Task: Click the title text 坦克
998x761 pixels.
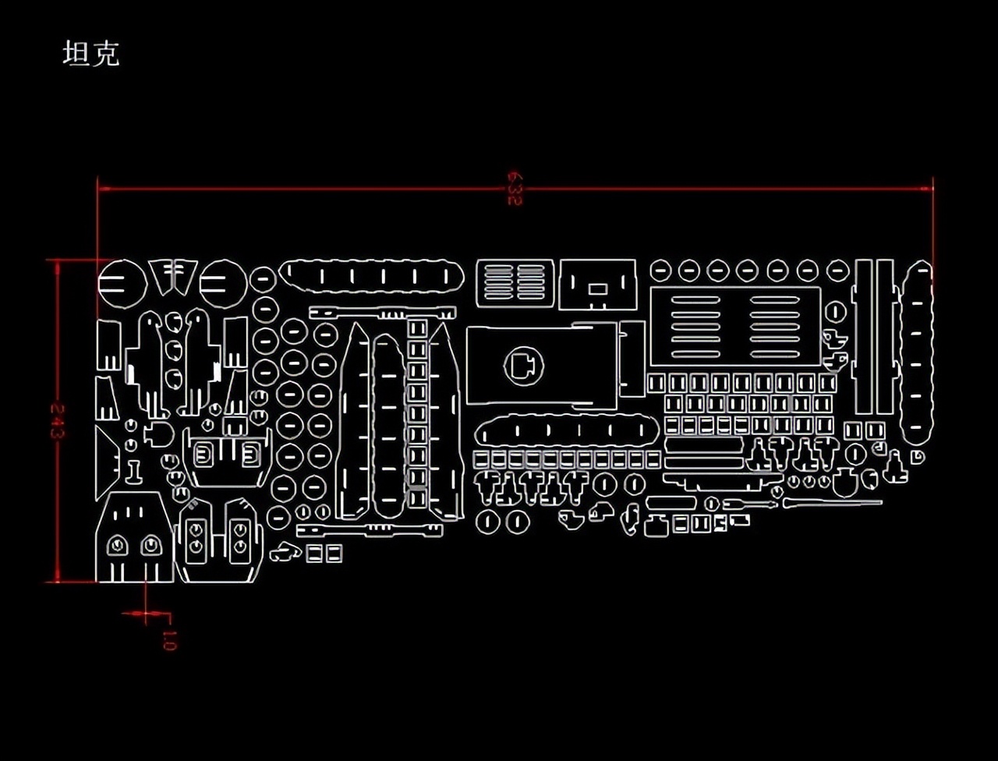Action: pyautogui.click(x=91, y=54)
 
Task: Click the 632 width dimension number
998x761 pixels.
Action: pyautogui.click(x=514, y=188)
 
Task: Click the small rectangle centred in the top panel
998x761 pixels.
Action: pyautogui.click(x=598, y=289)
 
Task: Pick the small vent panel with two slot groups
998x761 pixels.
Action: pyautogui.click(x=515, y=282)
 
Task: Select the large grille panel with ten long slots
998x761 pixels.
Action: pyautogui.click(x=735, y=325)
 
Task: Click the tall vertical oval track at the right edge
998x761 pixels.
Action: pyautogui.click(x=918, y=353)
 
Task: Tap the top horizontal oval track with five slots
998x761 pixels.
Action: pyautogui.click(x=371, y=276)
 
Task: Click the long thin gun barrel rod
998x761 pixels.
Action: pyautogui.click(x=832, y=503)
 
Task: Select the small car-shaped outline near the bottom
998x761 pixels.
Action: pyautogui.click(x=285, y=553)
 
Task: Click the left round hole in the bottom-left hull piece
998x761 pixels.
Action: pyautogui.click(x=118, y=545)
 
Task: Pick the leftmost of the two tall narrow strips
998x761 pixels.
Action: pyautogui.click(x=863, y=337)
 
